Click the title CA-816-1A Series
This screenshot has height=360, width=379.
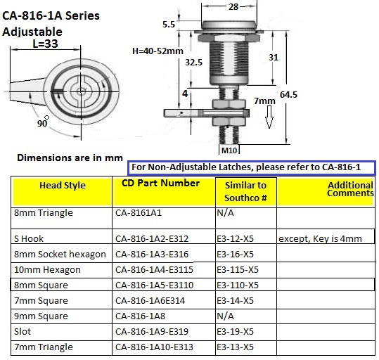coord(51,15)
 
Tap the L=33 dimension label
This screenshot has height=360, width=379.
coord(46,44)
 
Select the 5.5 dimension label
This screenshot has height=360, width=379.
coord(169,24)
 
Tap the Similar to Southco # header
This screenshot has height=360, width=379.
coord(245,191)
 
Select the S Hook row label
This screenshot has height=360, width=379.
coord(30,238)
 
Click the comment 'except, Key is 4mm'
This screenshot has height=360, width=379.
coord(319,238)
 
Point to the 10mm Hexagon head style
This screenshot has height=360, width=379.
coord(47,269)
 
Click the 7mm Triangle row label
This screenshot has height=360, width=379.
coord(43,347)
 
